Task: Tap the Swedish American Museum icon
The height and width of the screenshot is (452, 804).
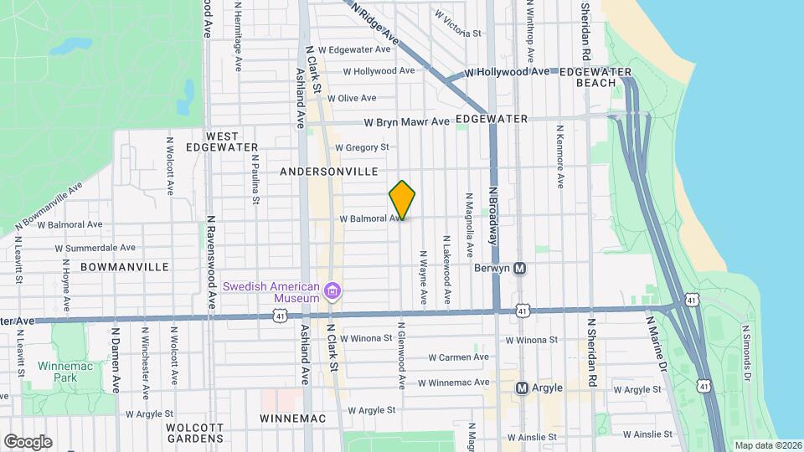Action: tap(333, 291)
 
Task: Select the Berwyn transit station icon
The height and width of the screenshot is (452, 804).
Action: tap(519, 269)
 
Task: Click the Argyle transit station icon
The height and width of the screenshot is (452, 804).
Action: tap(521, 388)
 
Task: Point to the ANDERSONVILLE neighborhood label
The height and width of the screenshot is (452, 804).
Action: tap(329, 171)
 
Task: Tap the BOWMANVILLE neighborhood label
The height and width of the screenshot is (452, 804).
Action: tap(125, 266)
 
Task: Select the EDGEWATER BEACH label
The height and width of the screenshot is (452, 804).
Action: tap(595, 78)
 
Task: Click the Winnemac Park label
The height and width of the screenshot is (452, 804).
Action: tap(59, 372)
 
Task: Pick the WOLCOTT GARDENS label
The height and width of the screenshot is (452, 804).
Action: tap(194, 432)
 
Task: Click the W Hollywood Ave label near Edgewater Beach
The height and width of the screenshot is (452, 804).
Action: tap(507, 73)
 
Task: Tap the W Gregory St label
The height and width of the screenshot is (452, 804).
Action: tap(362, 147)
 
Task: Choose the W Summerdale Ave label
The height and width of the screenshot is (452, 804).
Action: tap(95, 248)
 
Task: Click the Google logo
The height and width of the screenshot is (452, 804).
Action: tap(28, 441)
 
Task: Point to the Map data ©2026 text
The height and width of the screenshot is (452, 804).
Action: tap(767, 445)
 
